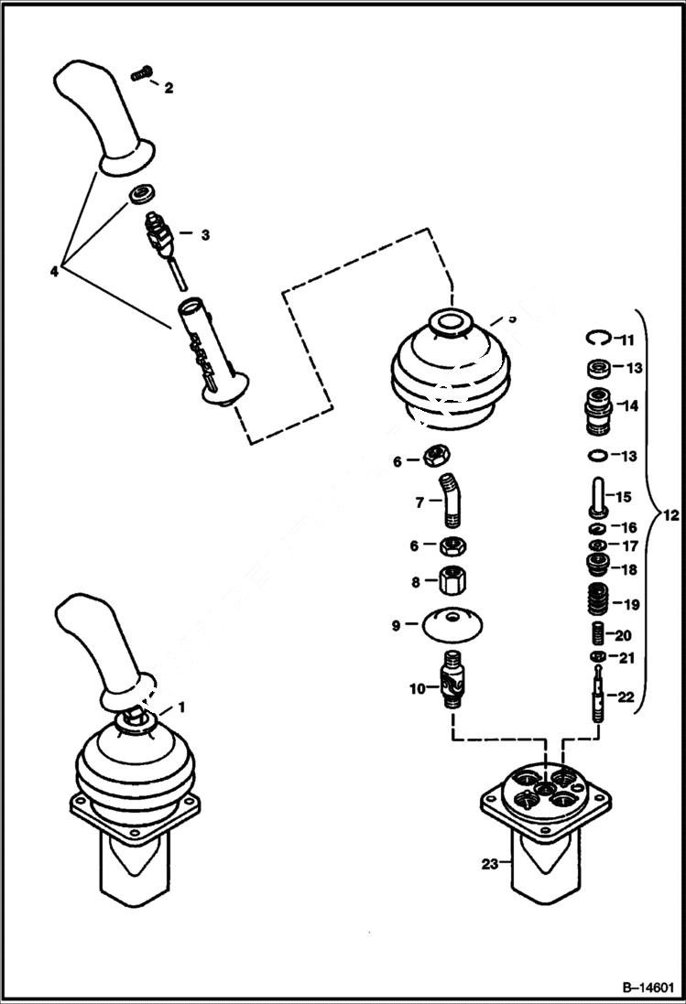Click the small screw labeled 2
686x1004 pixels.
pyautogui.click(x=141, y=73)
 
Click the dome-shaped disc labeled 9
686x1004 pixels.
pyautogui.click(x=453, y=626)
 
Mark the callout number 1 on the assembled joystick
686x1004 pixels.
pyautogui.click(x=180, y=707)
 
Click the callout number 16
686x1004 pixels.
pyautogui.click(x=629, y=528)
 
